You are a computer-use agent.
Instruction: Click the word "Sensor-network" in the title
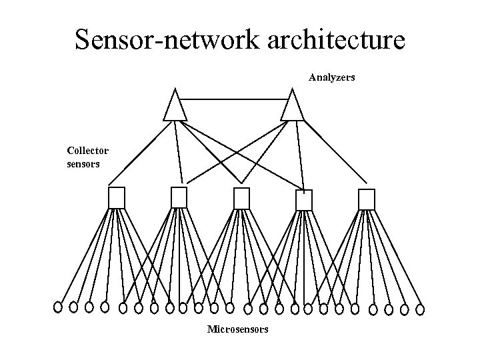click(163, 40)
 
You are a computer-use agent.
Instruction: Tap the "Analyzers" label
click(331, 78)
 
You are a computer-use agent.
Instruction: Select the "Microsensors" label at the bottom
click(238, 329)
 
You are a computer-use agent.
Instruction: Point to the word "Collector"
click(87, 151)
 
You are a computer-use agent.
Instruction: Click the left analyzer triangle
click(175, 107)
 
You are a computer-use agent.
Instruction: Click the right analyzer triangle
click(291, 107)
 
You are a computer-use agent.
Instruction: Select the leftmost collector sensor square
click(117, 198)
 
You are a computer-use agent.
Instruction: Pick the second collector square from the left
click(179, 198)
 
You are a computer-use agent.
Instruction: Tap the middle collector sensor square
click(241, 199)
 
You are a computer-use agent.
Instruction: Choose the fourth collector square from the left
click(304, 200)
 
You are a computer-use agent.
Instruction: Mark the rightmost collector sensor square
click(367, 199)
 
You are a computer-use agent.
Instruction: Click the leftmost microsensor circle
click(58, 307)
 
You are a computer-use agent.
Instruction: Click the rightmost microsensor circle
click(420, 309)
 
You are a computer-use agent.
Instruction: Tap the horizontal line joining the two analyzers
click(233, 98)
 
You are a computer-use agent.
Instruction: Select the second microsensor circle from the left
click(73, 307)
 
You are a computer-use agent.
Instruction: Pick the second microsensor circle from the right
click(404, 309)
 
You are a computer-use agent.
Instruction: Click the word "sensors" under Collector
click(83, 163)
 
